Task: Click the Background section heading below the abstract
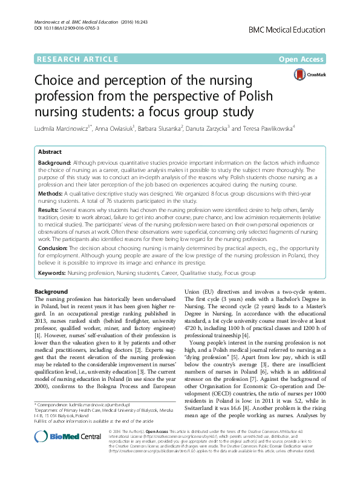[51, 292]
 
